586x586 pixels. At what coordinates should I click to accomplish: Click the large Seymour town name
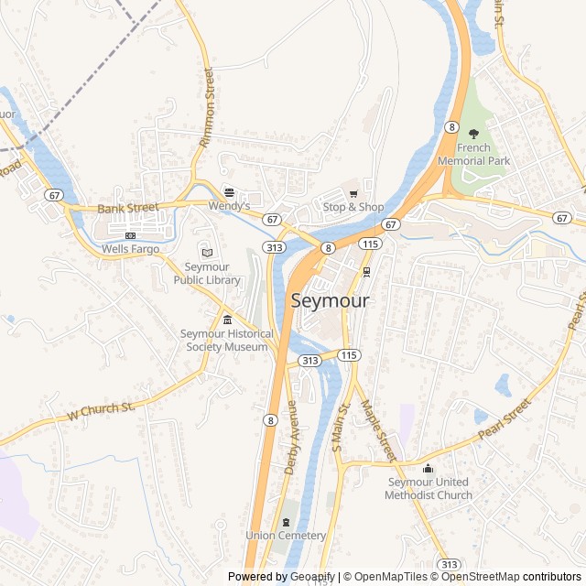point(331,300)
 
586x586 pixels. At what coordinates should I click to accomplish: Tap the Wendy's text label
point(230,207)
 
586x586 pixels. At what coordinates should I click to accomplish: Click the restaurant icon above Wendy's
point(229,192)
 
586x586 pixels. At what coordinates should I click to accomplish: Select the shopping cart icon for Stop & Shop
point(353,193)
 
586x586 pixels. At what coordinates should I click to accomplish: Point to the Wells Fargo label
point(130,249)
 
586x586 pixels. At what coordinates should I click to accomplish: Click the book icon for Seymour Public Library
point(206,253)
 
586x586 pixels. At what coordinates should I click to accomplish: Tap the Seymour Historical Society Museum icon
point(227,320)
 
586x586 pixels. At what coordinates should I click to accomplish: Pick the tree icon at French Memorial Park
point(473,134)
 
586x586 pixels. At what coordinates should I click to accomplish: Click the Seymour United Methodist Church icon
point(428,469)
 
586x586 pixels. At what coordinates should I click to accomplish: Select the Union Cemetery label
point(286,536)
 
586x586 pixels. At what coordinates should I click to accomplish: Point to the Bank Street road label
point(128,209)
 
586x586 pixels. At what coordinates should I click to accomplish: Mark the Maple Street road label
point(377,430)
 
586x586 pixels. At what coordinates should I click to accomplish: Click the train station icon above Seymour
point(367,272)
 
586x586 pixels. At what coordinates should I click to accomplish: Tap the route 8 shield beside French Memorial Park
point(452,126)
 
